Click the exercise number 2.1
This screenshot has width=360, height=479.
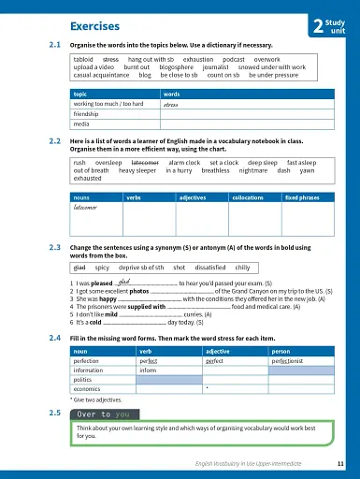click(x=54, y=45)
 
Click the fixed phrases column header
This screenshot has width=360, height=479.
click(x=305, y=198)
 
